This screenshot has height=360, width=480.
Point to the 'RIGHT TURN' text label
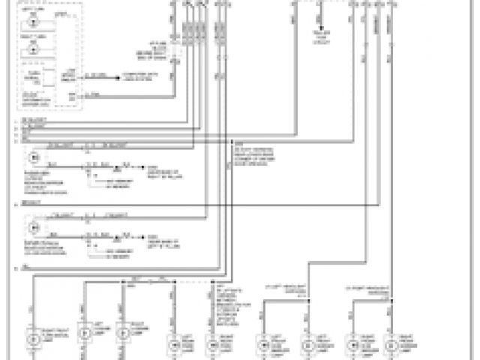pyautogui.click(x=33, y=37)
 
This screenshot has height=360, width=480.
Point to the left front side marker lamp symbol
pyautogui.click(x=263, y=344)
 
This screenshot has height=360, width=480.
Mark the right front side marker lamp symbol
pyautogui.click(x=350, y=344)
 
